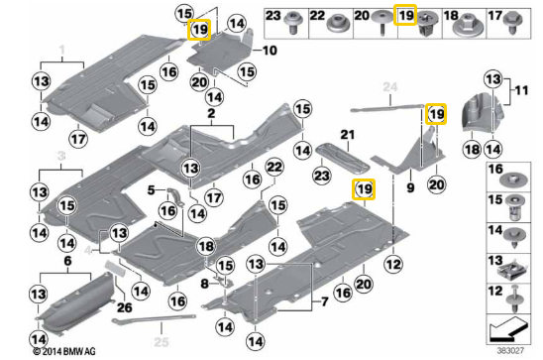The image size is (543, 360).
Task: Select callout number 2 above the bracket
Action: click(x=211, y=116)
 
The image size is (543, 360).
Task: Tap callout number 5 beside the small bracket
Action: click(x=152, y=188)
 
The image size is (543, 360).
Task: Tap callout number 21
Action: click(x=347, y=134)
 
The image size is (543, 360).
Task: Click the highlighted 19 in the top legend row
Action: click(x=405, y=16)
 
